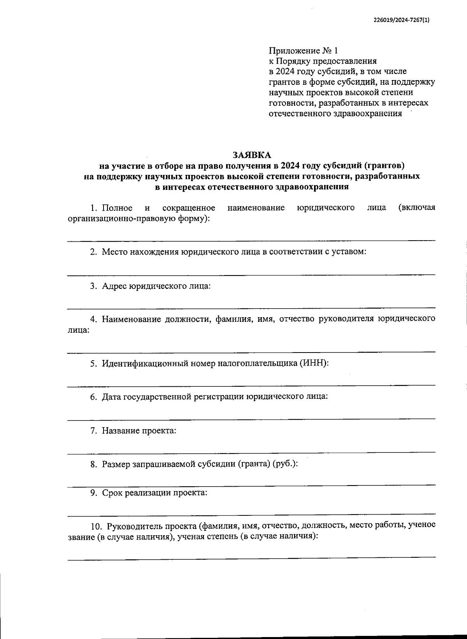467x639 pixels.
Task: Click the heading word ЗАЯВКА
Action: (252, 155)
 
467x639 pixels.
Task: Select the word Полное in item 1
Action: (117, 208)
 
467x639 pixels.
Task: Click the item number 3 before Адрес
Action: (93, 286)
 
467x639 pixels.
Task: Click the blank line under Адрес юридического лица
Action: (251, 308)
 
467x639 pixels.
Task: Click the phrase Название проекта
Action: (139, 431)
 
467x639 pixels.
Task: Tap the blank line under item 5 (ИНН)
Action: (251, 386)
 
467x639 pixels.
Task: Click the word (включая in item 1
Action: (416, 208)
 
